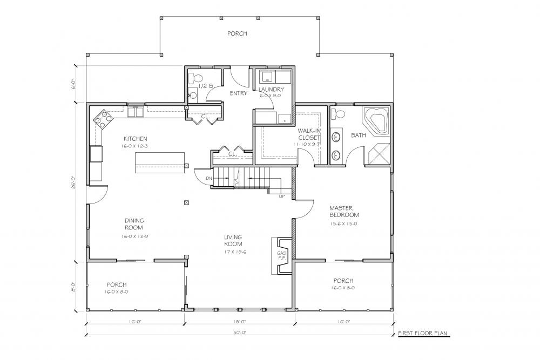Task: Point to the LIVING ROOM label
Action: click(233, 240)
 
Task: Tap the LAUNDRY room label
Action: click(271, 90)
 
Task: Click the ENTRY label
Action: click(238, 93)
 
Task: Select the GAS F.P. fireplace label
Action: click(281, 255)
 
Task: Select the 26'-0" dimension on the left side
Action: click(73, 182)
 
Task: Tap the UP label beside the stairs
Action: click(281, 196)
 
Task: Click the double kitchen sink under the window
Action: click(136, 112)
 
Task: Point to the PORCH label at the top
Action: click(237, 33)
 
